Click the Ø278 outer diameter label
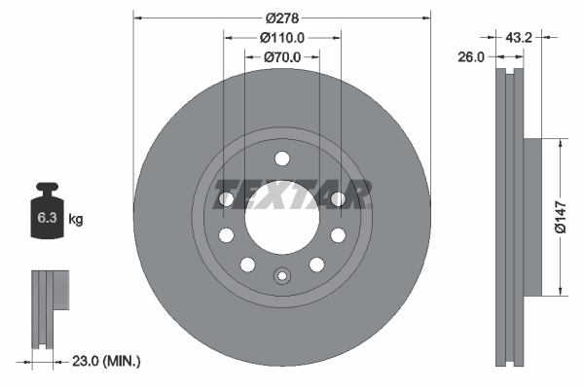(282, 17)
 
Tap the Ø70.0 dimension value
(282, 57)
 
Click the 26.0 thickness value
(471, 57)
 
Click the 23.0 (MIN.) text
(106, 361)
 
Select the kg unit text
(76, 220)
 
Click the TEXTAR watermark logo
(292, 194)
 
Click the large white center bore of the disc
(281, 216)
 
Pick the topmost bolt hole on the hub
(281, 159)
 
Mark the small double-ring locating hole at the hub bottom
(281, 274)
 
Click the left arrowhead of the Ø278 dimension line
(136, 17)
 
